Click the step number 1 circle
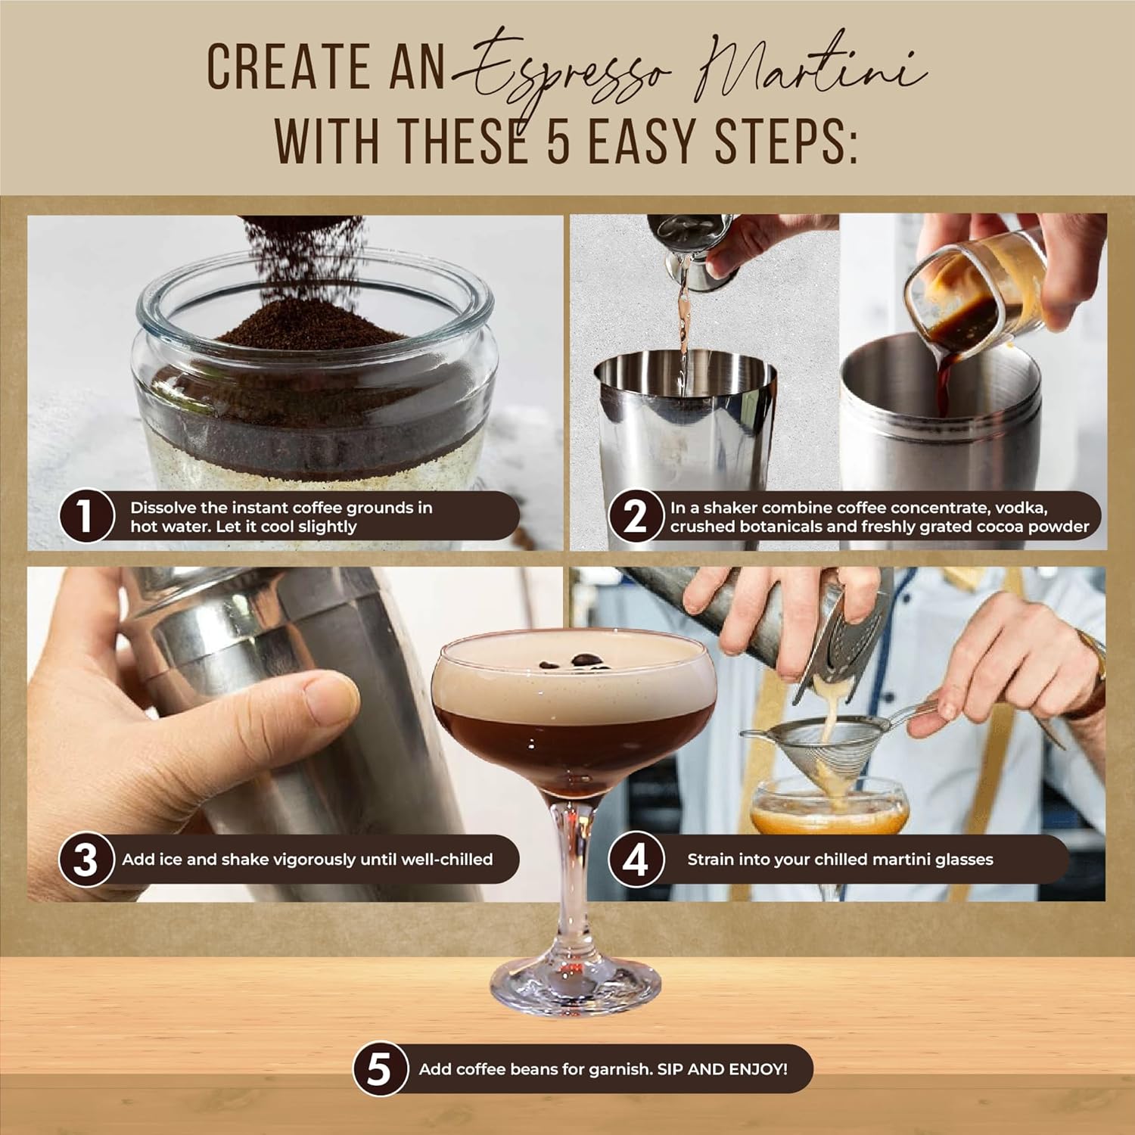[86, 517]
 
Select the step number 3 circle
[86, 860]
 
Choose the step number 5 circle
[378, 1069]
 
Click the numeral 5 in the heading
[558, 141]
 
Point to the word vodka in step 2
[1022, 508]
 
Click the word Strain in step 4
[711, 860]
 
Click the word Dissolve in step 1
[163, 508]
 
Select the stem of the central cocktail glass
[574, 870]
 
